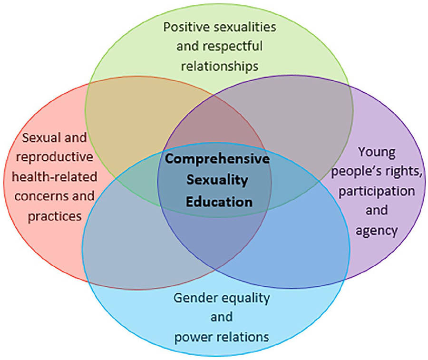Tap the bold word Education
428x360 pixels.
tap(219, 201)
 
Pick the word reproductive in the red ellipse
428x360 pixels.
tap(52, 157)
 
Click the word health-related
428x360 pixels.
tap(55, 177)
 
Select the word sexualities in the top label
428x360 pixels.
tap(242, 27)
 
